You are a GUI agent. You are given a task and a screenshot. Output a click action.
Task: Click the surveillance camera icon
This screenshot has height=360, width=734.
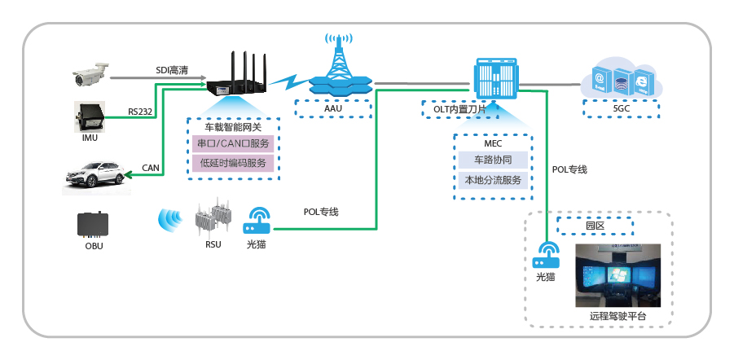(90, 75)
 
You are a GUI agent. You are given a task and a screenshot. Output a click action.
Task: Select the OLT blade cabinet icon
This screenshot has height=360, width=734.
(495, 79)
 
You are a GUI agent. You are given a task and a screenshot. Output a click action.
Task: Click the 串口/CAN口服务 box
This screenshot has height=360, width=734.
(233, 144)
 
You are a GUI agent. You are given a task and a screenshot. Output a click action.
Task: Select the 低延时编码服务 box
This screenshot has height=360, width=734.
(233, 163)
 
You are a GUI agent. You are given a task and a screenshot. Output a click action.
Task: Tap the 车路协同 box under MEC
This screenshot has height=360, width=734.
(492, 160)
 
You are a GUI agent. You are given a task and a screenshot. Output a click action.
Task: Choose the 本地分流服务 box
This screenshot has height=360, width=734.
(492, 180)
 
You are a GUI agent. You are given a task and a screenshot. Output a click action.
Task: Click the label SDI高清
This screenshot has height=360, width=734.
(172, 71)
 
